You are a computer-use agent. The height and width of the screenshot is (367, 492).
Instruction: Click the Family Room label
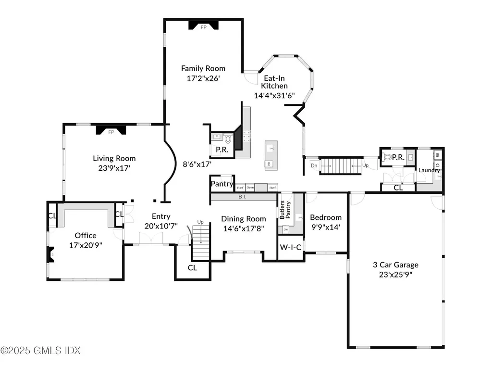203,68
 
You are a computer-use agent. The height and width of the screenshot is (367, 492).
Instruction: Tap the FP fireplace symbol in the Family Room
197,27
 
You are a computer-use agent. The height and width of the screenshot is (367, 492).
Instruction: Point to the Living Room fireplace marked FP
111,131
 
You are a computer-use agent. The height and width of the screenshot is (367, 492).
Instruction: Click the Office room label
86,235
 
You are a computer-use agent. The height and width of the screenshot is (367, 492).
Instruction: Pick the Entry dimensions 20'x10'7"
161,226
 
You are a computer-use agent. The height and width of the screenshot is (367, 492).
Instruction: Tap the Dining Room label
244,219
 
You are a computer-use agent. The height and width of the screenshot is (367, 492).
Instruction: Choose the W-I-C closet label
291,248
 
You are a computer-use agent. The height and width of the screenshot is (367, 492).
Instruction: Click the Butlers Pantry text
285,210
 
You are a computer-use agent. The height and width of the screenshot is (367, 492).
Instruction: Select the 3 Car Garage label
396,265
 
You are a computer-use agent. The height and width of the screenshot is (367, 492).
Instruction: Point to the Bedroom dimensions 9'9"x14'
325,227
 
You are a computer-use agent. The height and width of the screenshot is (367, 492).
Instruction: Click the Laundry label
429,170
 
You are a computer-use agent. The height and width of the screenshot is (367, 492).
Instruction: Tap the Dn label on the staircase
314,165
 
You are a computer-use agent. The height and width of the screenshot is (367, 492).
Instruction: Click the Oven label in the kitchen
250,188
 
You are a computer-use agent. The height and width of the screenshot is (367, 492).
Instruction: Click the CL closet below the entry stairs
192,268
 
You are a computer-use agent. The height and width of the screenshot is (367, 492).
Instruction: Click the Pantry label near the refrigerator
222,184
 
